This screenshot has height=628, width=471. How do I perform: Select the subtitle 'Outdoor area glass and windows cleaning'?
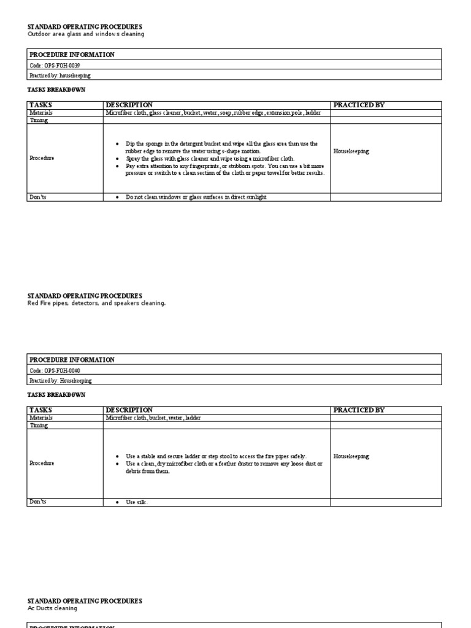(86, 34)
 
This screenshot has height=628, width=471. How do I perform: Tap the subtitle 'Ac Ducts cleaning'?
(53, 608)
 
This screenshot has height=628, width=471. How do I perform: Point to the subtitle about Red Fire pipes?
(97, 303)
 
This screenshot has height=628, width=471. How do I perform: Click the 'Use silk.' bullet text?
(137, 502)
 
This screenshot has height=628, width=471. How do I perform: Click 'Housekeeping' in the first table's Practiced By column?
(351, 151)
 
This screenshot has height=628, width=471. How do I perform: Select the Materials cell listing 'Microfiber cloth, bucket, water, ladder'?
(153, 418)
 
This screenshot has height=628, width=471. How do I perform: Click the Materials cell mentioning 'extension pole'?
(213, 113)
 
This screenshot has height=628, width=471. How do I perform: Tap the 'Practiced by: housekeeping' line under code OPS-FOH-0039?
(59, 75)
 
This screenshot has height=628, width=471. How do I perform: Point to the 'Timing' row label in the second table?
(39, 425)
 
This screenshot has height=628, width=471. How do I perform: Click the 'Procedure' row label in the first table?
(42, 158)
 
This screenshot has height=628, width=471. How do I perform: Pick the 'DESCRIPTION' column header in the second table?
(129, 410)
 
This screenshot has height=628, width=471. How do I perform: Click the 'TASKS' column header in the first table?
(40, 105)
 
